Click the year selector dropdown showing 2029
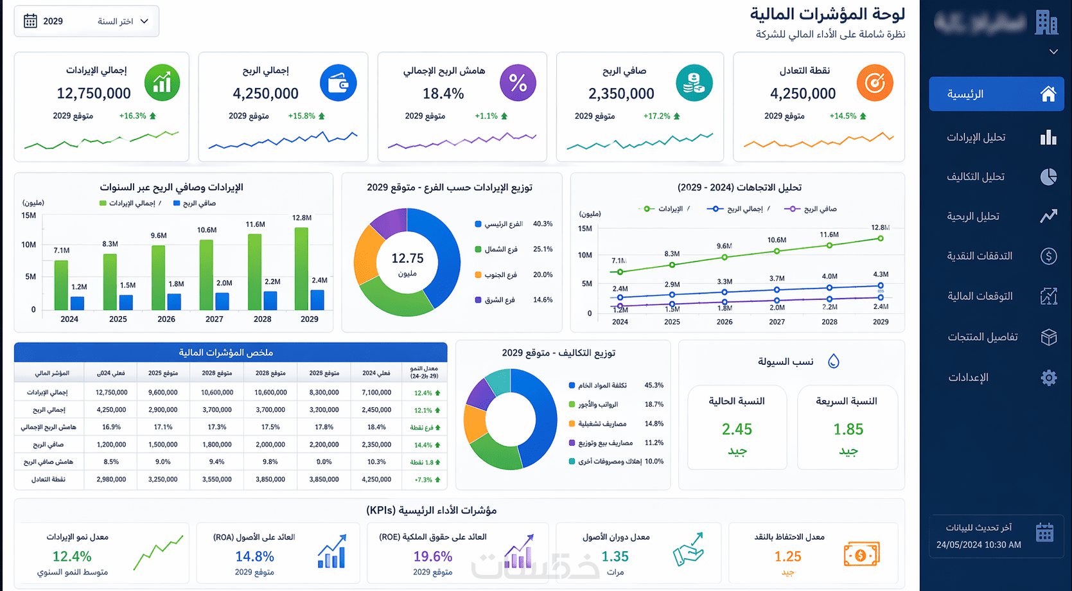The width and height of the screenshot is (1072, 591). (86, 21)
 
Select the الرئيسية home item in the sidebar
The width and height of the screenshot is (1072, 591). (996, 94)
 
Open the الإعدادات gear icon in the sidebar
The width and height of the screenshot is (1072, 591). (1048, 377)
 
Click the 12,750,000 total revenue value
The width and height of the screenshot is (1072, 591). (94, 94)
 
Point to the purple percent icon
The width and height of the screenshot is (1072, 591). (518, 83)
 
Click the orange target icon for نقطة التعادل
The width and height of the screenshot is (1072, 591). (875, 83)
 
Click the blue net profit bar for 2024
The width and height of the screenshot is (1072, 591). (78, 303)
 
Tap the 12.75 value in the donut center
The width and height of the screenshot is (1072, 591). (408, 258)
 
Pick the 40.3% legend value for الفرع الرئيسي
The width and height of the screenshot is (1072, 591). (543, 224)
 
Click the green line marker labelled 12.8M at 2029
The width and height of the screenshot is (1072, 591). (881, 238)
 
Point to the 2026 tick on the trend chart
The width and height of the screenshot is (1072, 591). (725, 322)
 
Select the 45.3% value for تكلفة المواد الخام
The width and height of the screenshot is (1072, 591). (654, 385)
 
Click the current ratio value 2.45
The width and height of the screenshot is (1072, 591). (737, 429)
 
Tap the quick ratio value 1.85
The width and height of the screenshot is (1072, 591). (848, 429)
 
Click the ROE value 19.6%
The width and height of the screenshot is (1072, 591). (433, 556)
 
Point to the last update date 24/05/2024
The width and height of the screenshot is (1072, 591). (979, 545)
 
